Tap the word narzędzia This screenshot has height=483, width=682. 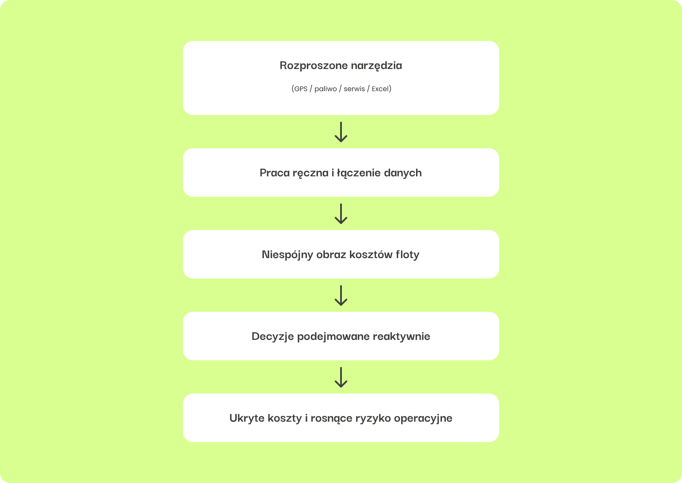click(376, 66)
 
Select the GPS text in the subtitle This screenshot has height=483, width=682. click(301, 89)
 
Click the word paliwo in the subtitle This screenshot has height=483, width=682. click(326, 89)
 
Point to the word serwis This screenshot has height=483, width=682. click(354, 89)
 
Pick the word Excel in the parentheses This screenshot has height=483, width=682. click(381, 89)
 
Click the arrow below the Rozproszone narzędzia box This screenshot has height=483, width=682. click(341, 132)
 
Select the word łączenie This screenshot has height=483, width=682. click(358, 173)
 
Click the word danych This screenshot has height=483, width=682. click(403, 173)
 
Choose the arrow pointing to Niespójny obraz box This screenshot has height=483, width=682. click(341, 214)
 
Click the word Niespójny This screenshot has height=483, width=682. click(287, 255)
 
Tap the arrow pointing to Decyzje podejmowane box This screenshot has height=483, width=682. click(341, 296)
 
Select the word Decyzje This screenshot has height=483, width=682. click(272, 336)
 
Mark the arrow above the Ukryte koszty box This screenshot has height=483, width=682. click(341, 377)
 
